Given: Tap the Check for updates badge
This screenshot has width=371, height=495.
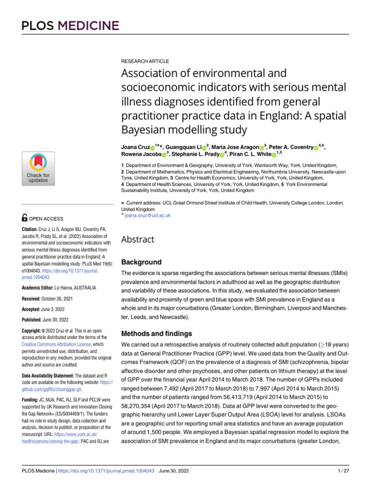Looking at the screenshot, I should pos(38,168).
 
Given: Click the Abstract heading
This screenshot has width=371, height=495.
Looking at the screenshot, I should pos(138,239).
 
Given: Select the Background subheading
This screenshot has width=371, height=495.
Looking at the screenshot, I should pos(141,262).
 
